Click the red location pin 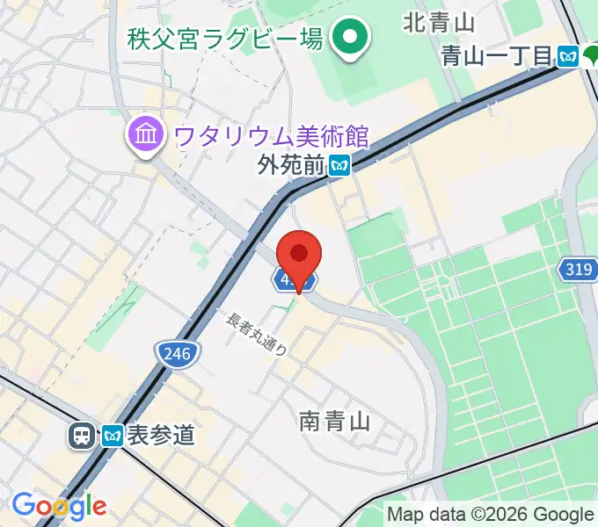(x=299, y=256)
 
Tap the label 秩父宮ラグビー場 (x=224, y=39)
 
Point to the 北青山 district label (x=440, y=23)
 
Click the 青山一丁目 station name (x=497, y=57)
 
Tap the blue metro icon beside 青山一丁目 (x=568, y=57)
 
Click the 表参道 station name (x=160, y=435)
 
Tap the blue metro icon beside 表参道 (x=111, y=434)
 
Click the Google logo (x=59, y=506)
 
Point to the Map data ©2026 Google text (x=491, y=515)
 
